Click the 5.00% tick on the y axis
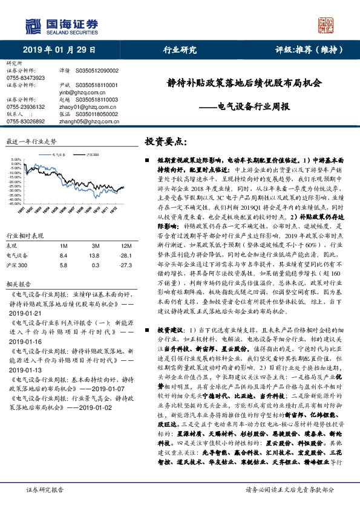[x=16, y=160]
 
